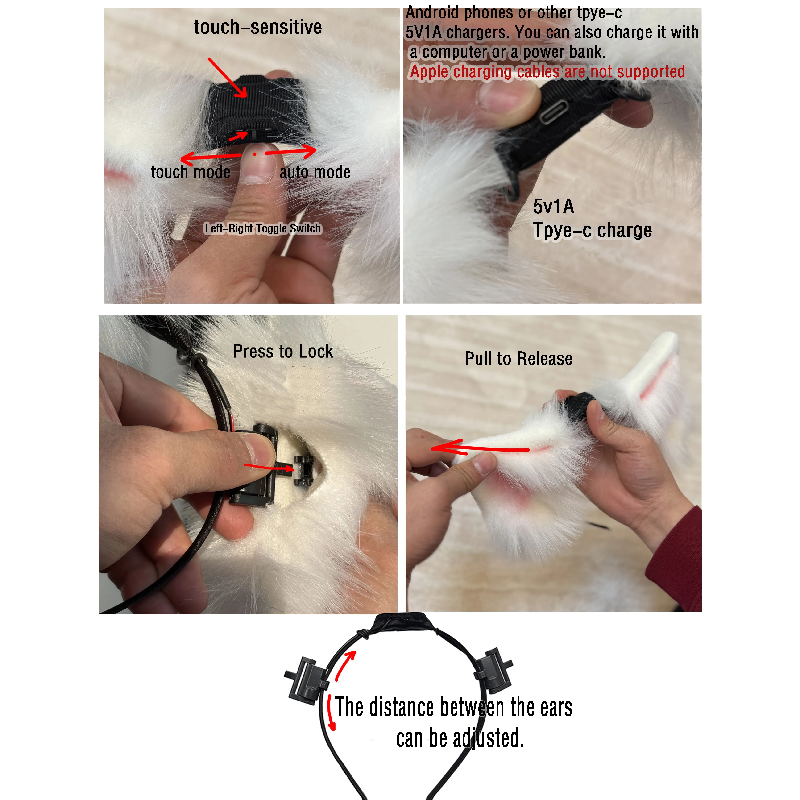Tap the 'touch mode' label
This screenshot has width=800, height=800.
pos(191,172)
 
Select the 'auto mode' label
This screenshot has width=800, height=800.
pos(315,172)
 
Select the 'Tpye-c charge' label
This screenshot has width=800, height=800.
pos(592,230)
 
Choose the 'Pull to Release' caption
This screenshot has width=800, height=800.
pos(518,359)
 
